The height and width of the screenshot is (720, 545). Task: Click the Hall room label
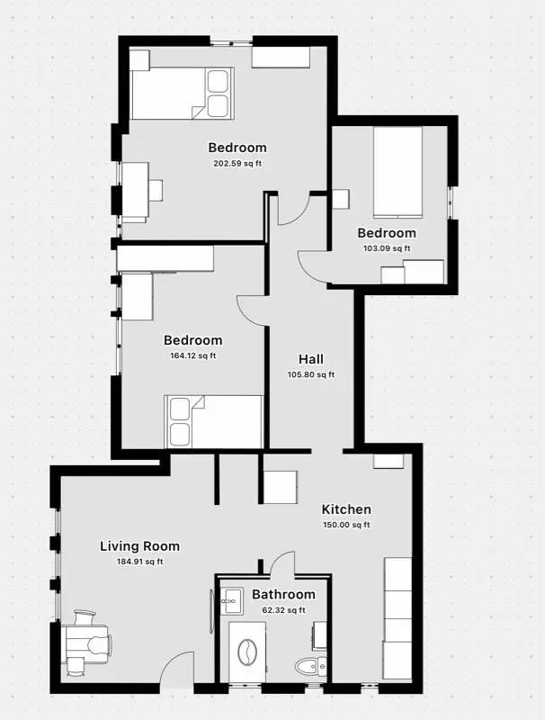click(311, 359)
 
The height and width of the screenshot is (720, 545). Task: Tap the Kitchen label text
click(346, 509)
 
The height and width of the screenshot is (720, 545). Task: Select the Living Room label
click(140, 546)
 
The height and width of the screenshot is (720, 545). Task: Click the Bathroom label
click(283, 594)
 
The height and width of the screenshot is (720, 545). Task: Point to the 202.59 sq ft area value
click(237, 164)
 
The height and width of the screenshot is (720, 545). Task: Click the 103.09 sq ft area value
click(387, 248)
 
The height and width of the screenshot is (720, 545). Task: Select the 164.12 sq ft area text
click(193, 355)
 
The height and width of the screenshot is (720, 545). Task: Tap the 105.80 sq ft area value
click(311, 374)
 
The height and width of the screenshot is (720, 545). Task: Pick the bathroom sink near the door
click(232, 600)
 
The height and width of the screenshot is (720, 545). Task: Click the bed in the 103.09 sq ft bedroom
click(398, 172)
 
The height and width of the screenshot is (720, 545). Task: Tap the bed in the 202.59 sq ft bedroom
click(183, 94)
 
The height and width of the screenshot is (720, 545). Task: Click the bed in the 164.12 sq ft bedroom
click(214, 421)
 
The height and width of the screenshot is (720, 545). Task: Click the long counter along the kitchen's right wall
click(398, 619)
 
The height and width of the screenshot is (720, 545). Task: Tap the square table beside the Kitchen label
click(281, 487)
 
